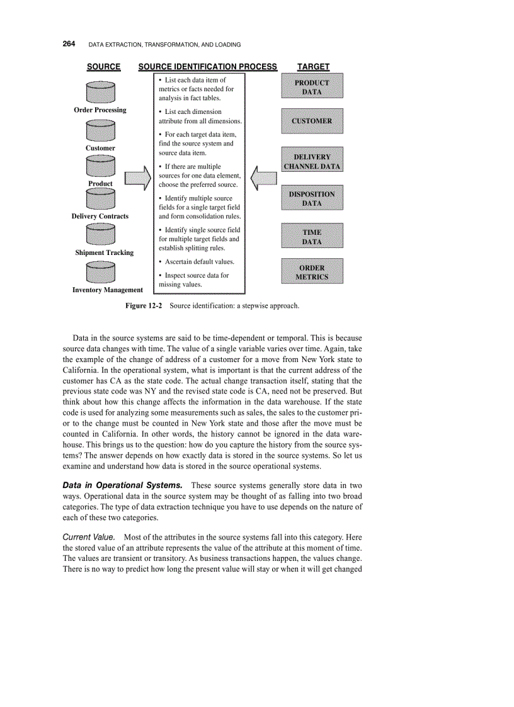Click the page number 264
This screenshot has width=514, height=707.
(69, 44)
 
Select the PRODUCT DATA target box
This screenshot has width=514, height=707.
(312, 87)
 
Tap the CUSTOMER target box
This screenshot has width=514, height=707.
(312, 121)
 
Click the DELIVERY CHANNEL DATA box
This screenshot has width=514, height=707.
(312, 162)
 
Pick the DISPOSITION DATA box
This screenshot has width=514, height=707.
(312, 199)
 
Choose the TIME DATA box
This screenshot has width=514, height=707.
(312, 237)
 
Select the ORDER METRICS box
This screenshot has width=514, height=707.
(312, 272)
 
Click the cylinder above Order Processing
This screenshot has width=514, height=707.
(100, 92)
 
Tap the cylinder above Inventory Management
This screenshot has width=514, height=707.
(100, 273)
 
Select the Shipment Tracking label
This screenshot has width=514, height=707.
(105, 252)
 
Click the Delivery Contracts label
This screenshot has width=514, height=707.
(100, 216)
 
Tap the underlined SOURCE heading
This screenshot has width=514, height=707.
(103, 67)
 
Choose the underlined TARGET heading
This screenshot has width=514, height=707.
(313, 67)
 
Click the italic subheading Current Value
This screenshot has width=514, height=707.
(89, 536)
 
